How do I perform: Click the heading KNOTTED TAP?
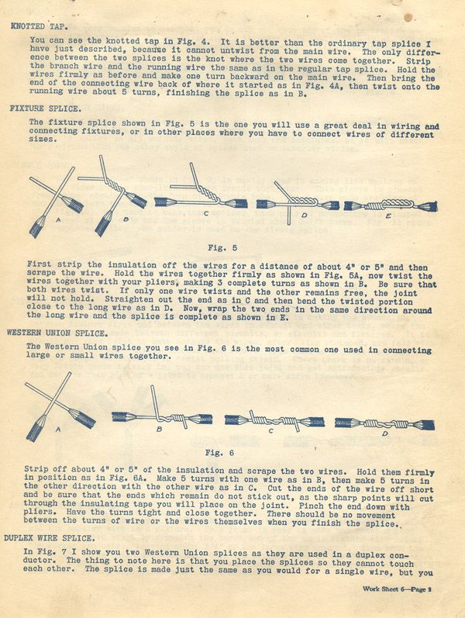tap(39, 26)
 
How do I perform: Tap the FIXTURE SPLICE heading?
tap(45, 108)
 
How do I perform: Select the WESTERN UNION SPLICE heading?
tap(57, 333)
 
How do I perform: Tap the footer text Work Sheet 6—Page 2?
tap(397, 589)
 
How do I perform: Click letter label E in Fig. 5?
tap(388, 216)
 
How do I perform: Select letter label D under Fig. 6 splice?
tap(385, 434)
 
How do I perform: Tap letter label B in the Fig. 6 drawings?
tap(159, 430)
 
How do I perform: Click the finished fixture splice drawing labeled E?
tap(391, 205)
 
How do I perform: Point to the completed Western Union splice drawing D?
tap(384, 424)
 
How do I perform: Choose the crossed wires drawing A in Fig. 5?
tap(56, 202)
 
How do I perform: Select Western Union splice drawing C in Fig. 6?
tap(274, 420)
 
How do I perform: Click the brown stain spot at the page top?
tap(408, 17)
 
